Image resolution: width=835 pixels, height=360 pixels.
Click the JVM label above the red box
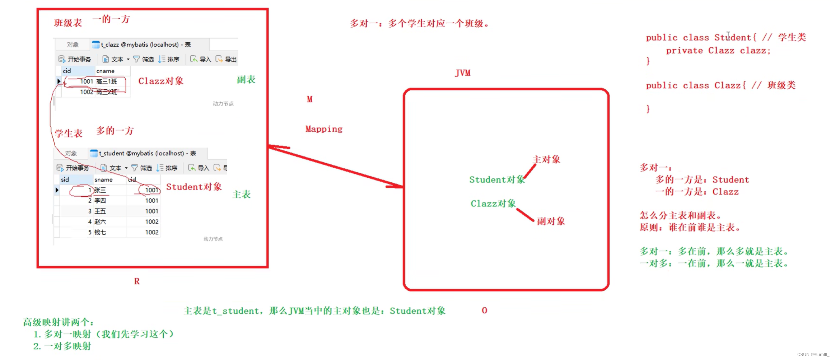point(463,73)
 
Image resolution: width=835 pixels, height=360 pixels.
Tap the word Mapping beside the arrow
point(324,129)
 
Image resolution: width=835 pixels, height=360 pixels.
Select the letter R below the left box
point(137,281)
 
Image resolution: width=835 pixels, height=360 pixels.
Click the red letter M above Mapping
point(309,99)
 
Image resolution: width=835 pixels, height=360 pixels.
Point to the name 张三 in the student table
point(101,190)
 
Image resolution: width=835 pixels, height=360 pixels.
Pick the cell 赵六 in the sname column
point(100,222)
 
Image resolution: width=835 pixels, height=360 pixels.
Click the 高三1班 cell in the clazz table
point(107,81)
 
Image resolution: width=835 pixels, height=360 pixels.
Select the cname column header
point(105,71)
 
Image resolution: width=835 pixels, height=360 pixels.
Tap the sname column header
point(103,179)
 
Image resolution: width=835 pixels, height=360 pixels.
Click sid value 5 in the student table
point(90,232)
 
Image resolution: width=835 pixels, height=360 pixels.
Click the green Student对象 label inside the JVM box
point(497,180)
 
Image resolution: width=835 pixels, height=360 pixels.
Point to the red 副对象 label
point(551,221)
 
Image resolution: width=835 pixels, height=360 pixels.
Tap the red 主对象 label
point(546,159)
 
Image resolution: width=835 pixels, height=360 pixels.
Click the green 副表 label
point(246,80)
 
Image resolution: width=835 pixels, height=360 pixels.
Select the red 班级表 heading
point(68,23)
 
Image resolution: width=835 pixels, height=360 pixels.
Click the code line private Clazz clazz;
point(718,51)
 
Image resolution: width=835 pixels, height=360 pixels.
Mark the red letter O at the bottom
point(484,310)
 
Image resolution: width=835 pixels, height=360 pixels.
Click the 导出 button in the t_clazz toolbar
point(227,59)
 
